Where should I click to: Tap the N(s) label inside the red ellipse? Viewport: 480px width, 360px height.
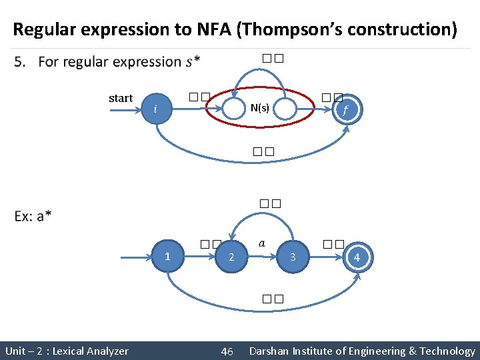pos(260,108)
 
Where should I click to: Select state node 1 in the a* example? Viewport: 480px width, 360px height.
pos(167,256)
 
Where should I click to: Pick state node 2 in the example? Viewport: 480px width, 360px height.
pos(231,257)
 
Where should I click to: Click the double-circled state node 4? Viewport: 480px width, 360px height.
pos(357,257)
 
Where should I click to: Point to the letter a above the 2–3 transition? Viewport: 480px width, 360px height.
pos(261,243)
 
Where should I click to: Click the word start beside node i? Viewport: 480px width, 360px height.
pos(121,98)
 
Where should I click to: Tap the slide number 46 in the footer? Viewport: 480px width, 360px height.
pos(227,351)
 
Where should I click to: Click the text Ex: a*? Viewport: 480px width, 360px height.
pos(33,216)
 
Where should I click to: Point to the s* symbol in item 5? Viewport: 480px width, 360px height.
pos(193,62)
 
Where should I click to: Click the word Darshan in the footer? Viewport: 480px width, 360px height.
pos(269,351)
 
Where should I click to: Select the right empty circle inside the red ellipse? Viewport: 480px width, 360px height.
pos(285,109)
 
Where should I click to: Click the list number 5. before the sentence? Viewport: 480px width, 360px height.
pos(21,62)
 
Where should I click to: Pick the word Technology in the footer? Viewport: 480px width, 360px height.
pos(447,351)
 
